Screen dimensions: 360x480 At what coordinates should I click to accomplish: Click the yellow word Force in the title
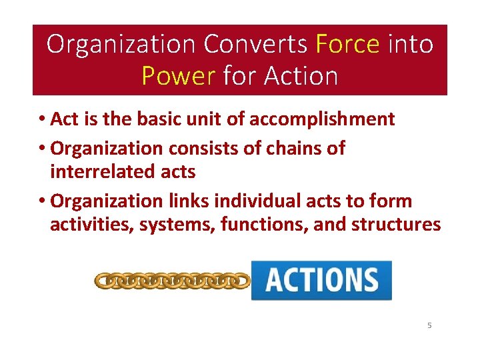(347, 44)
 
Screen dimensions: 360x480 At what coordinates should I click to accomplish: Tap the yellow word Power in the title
(177, 76)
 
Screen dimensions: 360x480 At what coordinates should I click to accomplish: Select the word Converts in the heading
(255, 44)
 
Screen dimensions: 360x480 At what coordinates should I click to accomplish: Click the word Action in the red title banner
(301, 76)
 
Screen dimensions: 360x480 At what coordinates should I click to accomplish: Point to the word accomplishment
(322, 119)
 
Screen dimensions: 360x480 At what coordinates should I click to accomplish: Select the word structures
(398, 225)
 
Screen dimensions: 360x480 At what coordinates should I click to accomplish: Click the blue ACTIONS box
(321, 280)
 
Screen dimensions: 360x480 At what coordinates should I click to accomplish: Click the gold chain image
(172, 281)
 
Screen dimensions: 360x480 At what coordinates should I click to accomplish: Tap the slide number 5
(429, 326)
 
